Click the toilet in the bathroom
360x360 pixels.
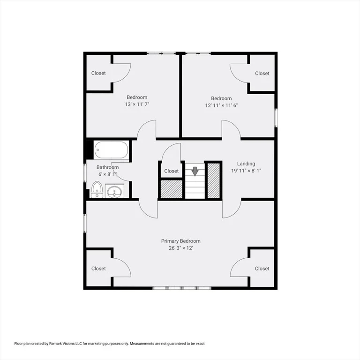[97, 190]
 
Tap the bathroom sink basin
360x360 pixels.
[114, 191]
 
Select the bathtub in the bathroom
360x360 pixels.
[112, 150]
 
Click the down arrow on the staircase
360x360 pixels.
[195, 171]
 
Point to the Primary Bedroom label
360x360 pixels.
[180, 241]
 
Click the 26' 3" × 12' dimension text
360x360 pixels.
[180, 248]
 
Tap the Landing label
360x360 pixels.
[246, 164]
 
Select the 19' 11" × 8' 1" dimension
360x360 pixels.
[246, 171]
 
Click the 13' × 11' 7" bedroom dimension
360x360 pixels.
[137, 104]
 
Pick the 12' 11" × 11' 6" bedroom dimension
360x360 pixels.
[221, 105]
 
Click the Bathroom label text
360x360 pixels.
[107, 167]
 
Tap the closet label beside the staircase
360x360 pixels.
[171, 171]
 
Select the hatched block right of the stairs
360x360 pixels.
[214, 180]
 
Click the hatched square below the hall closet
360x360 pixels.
[171, 189]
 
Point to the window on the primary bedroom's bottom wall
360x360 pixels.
[182, 288]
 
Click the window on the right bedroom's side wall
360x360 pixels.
[276, 118]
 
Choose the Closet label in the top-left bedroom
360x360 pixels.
[98, 73]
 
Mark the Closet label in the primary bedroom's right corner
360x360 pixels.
[262, 269]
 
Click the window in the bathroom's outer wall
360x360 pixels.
[85, 173]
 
